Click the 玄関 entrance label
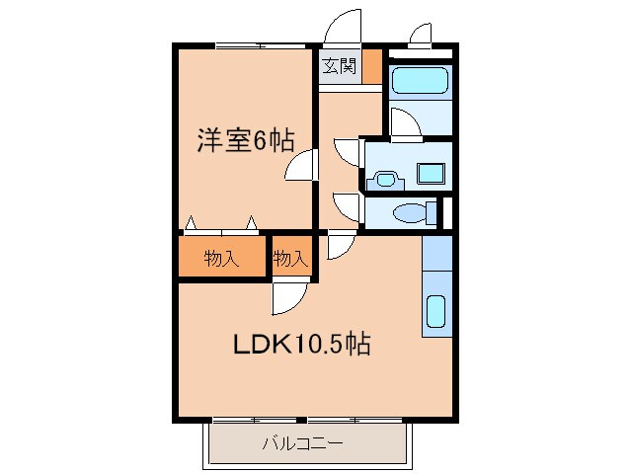[339, 67]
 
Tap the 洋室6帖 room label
[245, 141]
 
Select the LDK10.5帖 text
[301, 345]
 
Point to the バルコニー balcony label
[303, 443]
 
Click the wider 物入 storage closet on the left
[222, 260]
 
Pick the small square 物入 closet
[290, 260]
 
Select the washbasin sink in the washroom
[384, 180]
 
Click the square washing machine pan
[431, 174]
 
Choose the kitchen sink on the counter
[435, 312]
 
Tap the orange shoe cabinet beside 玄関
[371, 69]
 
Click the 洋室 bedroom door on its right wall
[302, 166]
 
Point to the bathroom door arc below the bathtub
[405, 124]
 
